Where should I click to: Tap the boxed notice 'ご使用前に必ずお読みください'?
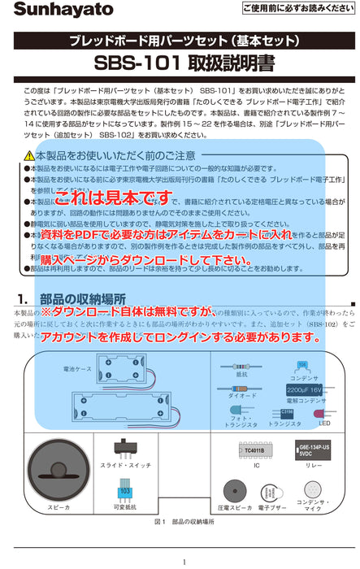point(297,8)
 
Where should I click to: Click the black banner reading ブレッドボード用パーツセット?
point(180,39)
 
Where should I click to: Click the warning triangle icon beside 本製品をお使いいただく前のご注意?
point(29,155)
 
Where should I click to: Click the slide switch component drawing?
point(125,448)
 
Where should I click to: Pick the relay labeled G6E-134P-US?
point(314,450)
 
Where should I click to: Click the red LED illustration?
point(323,413)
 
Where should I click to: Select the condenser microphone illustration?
point(313,491)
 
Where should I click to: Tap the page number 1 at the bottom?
point(184,562)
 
